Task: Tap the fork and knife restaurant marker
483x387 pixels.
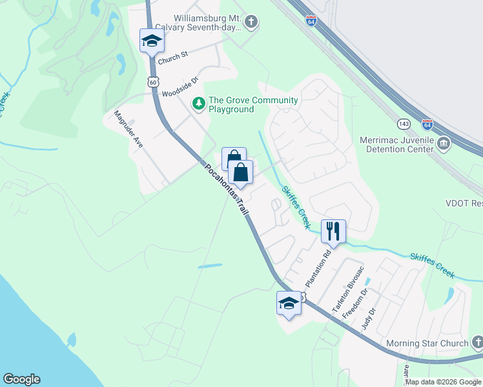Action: pyautogui.click(x=333, y=230)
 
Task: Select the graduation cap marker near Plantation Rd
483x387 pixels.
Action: pyautogui.click(x=289, y=303)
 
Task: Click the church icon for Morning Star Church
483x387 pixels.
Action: pyautogui.click(x=477, y=342)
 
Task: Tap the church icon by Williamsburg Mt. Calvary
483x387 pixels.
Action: pyautogui.click(x=251, y=23)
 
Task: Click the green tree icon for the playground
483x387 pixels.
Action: pyautogui.click(x=200, y=104)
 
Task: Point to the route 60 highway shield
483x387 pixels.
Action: pyautogui.click(x=152, y=81)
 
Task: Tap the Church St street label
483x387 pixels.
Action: pyautogui.click(x=174, y=55)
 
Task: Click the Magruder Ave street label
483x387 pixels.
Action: pyautogui.click(x=129, y=130)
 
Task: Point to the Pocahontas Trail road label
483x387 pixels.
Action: pyautogui.click(x=227, y=191)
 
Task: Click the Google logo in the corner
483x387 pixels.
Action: pyautogui.click(x=21, y=379)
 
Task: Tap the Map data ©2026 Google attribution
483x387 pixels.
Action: pyautogui.click(x=443, y=382)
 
